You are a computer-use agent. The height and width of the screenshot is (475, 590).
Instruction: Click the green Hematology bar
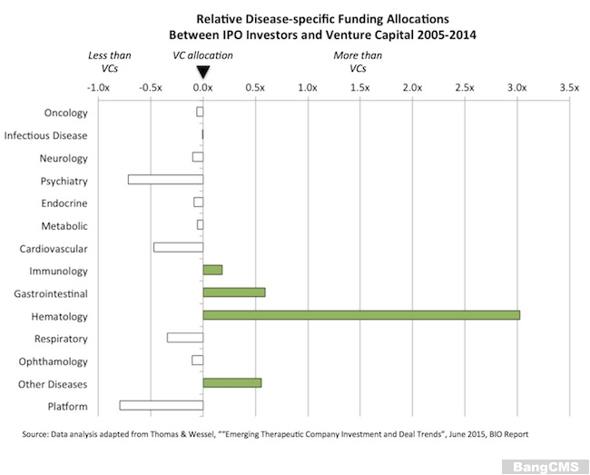(x=361, y=315)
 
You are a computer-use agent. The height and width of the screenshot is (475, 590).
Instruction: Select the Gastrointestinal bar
(x=234, y=292)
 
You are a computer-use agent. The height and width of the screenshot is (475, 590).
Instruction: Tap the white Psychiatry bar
(x=165, y=179)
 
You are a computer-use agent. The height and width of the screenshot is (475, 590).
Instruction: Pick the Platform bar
(x=161, y=405)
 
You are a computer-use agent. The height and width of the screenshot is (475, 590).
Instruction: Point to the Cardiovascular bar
(x=178, y=247)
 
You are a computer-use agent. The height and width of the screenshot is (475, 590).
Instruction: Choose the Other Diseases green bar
(x=232, y=382)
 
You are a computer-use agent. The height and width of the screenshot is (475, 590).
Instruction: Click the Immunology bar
(x=212, y=270)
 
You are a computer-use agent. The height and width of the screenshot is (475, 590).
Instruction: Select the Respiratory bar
(x=185, y=338)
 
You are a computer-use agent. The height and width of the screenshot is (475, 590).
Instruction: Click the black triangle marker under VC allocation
(x=203, y=70)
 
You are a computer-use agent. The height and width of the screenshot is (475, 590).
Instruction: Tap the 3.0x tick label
(x=517, y=88)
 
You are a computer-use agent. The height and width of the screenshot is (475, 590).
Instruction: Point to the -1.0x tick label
(x=98, y=88)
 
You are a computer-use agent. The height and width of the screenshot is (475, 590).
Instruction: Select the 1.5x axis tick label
(x=360, y=88)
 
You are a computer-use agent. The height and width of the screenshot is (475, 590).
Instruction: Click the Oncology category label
(x=65, y=114)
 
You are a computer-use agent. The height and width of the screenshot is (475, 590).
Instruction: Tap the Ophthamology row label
(x=54, y=361)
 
